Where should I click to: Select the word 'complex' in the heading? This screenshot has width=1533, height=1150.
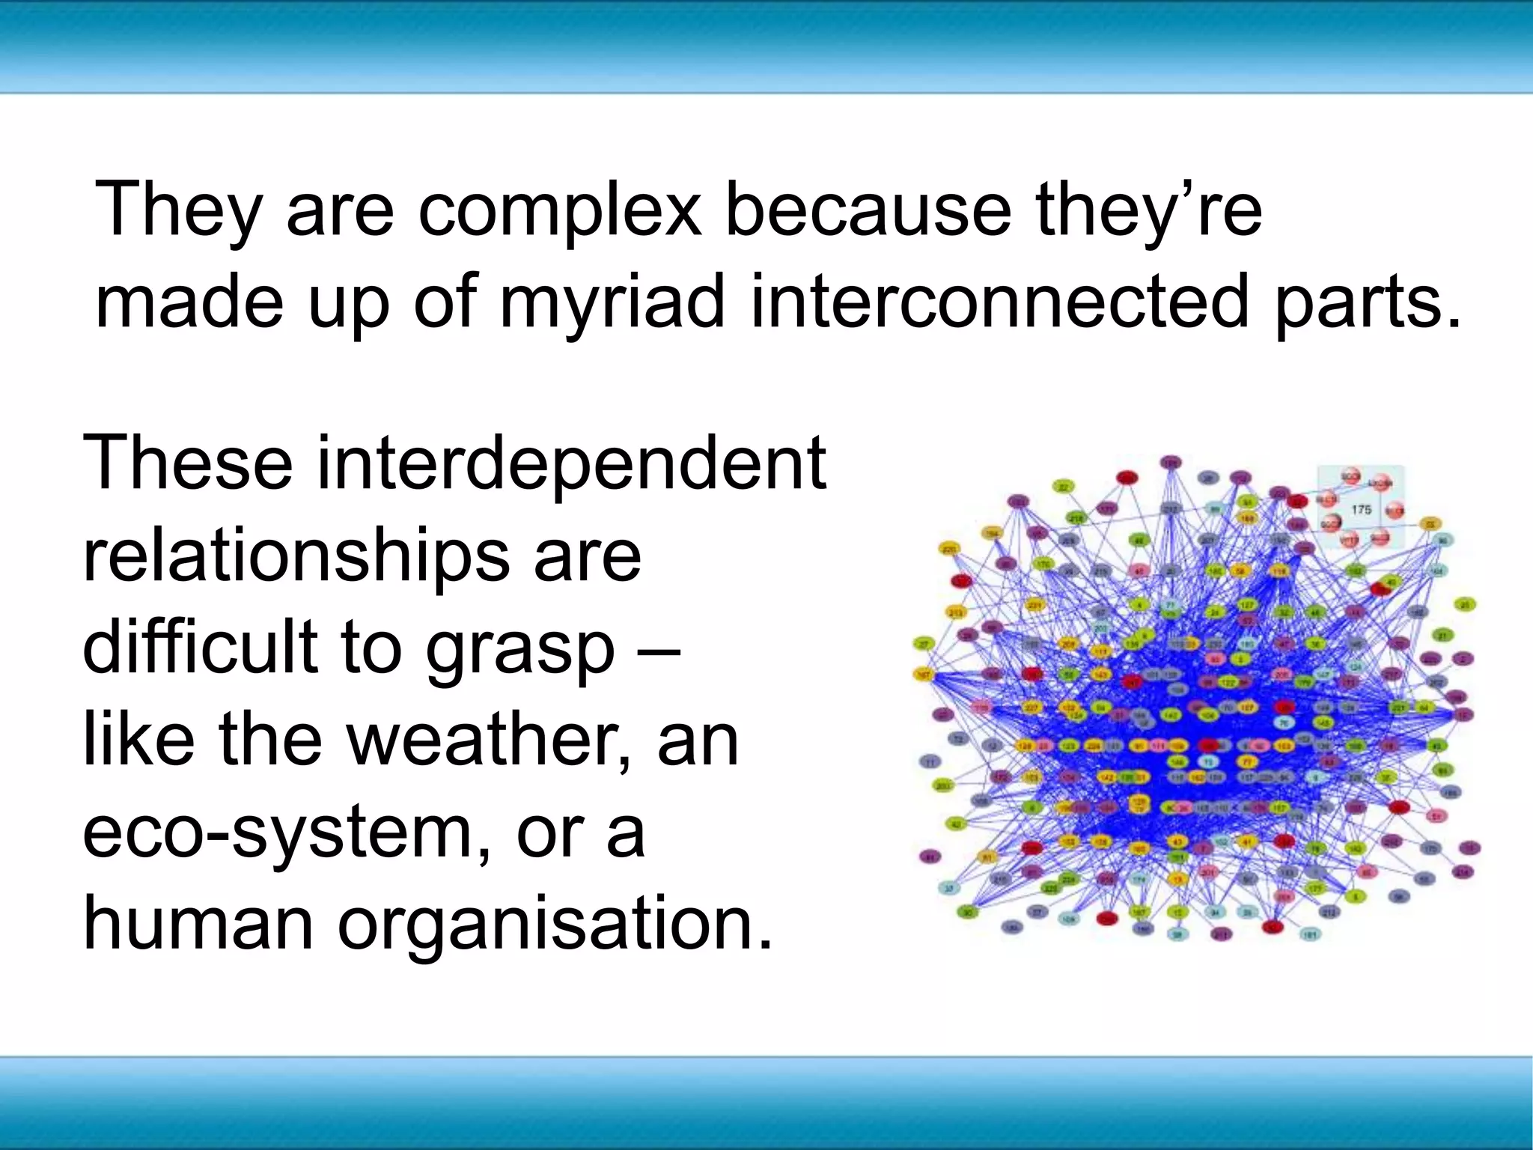pos(559,210)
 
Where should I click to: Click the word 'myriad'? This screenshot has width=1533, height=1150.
pos(612,302)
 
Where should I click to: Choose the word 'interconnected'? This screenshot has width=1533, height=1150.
pos(1000,302)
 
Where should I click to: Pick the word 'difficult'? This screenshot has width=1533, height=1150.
pos(199,647)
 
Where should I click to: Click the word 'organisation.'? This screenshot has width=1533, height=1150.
pos(554,924)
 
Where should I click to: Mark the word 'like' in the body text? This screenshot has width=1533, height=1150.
pos(138,740)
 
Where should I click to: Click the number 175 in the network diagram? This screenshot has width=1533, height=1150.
pos(1361,509)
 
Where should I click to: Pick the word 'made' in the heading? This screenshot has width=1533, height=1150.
pos(190,302)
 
